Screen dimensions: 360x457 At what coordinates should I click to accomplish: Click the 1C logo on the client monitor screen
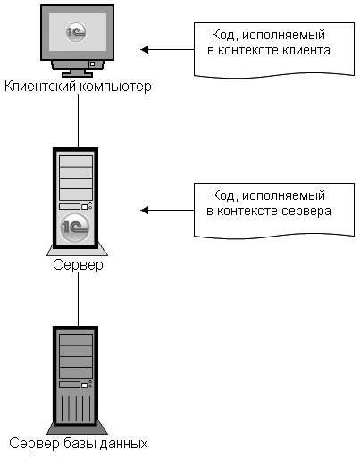[x=76, y=31]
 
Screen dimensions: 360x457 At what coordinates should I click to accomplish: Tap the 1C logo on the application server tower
[x=75, y=228]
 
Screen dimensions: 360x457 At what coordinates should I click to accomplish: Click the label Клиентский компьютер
[x=78, y=87]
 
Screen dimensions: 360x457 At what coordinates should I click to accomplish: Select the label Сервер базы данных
[x=79, y=444]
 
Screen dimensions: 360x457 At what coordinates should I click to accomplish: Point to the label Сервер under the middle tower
[x=78, y=264]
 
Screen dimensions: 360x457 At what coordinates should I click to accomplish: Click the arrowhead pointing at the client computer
[x=145, y=49]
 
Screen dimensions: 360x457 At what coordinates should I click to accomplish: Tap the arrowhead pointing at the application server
[x=145, y=211]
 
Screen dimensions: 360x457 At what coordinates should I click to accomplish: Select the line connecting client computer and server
[x=79, y=120]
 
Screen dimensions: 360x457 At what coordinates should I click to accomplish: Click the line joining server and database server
[x=79, y=299]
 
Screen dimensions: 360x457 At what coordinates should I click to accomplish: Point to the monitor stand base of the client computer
[x=77, y=74]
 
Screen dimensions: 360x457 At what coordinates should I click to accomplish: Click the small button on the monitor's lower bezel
[x=92, y=64]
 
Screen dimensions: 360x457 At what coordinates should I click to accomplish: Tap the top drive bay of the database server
[x=76, y=340]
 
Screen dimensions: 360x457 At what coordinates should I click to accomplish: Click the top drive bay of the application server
[x=76, y=162]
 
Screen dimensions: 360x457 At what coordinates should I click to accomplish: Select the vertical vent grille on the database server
[x=76, y=408]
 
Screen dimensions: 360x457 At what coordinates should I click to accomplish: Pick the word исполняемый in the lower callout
[x=283, y=196]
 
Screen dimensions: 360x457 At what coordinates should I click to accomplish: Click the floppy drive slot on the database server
[x=70, y=385]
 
